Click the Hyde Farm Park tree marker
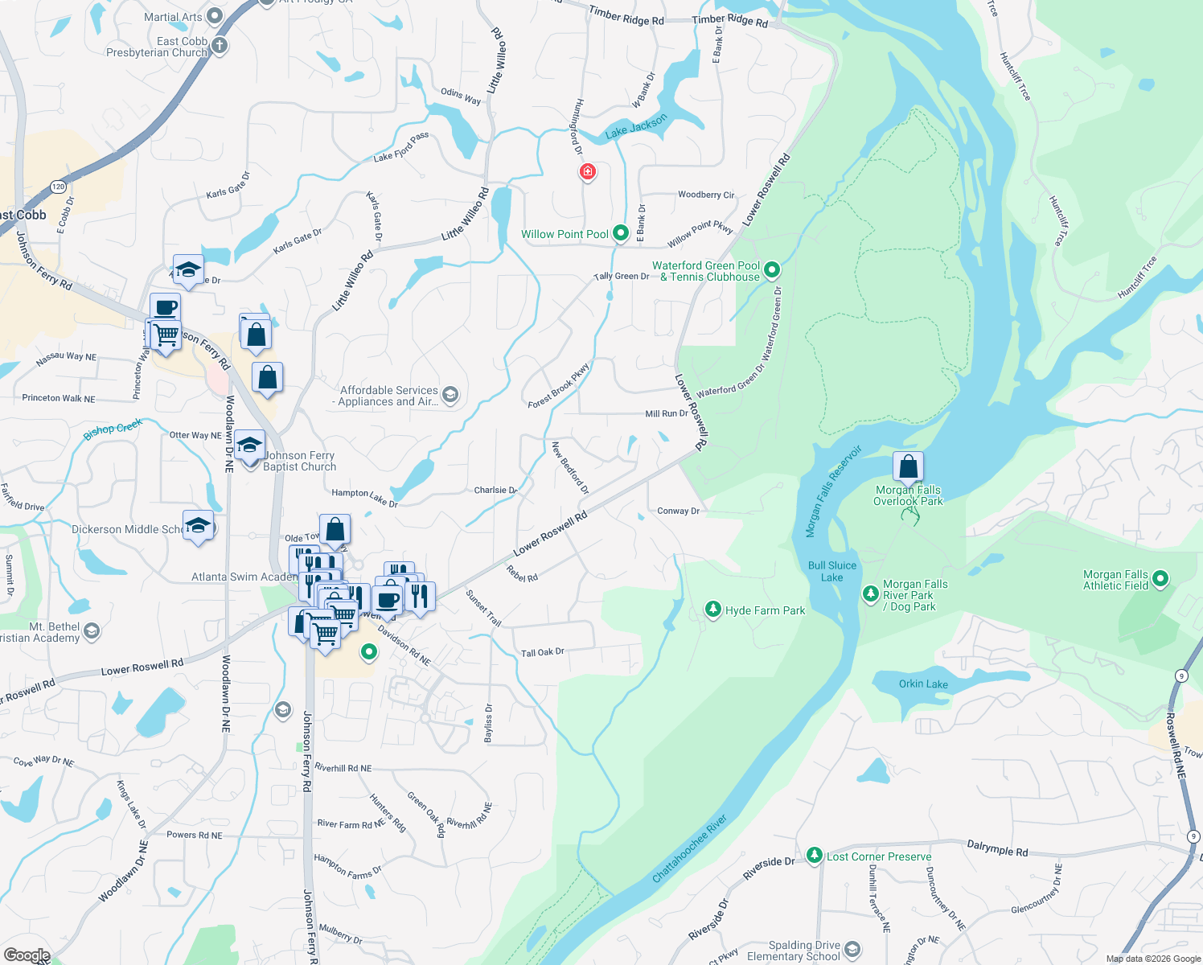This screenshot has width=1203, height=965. (712, 610)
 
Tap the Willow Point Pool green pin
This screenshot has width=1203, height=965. (621, 233)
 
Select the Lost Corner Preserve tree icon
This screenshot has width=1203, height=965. (815, 855)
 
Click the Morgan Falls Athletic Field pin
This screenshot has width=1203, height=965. (1160, 579)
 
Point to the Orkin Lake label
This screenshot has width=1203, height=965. (923, 684)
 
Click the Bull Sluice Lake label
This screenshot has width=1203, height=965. (832, 571)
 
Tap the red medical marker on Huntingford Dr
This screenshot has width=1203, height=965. (588, 172)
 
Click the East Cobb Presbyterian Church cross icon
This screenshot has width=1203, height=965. (220, 46)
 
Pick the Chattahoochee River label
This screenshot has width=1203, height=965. (689, 848)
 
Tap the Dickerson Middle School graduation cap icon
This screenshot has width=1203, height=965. (198, 527)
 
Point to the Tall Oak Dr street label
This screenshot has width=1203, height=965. (543, 652)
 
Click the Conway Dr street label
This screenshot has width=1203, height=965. (678, 511)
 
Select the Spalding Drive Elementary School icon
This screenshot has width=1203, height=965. (852, 951)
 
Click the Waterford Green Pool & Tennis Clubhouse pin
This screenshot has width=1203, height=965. (772, 270)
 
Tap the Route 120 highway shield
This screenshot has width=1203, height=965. (58, 187)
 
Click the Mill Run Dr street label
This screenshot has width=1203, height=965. (667, 413)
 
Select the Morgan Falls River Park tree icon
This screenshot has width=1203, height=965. (870, 594)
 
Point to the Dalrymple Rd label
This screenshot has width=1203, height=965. (997, 848)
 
